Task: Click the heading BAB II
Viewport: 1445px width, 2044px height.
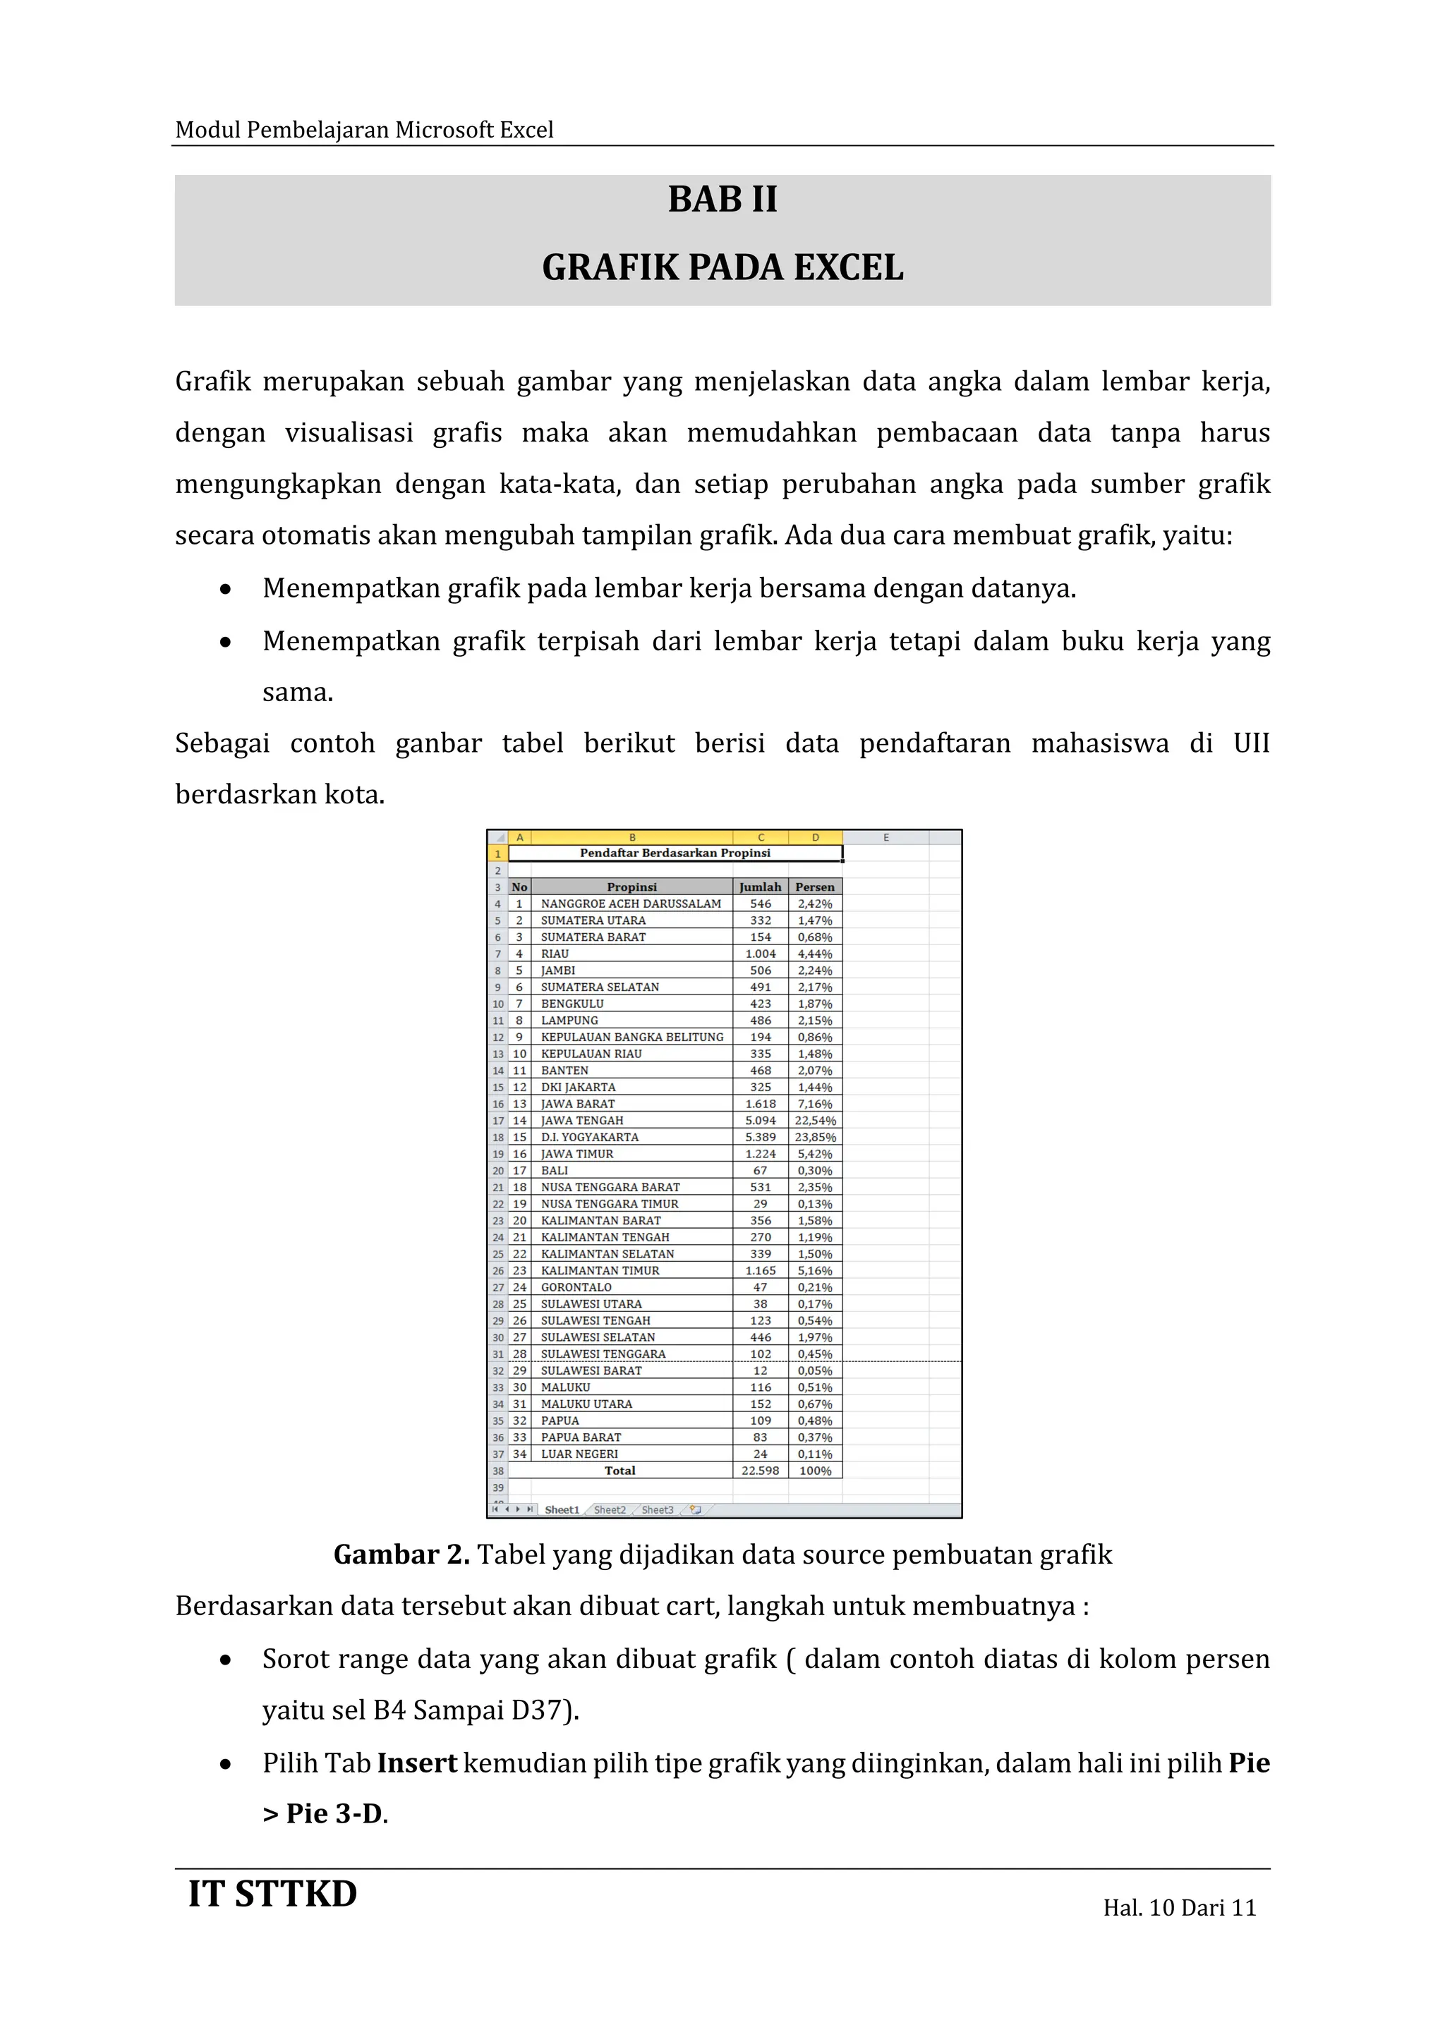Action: click(722, 200)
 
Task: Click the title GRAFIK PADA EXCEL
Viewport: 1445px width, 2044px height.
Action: click(722, 268)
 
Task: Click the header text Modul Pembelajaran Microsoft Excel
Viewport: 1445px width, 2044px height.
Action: click(364, 130)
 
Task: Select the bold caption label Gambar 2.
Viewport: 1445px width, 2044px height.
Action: click(401, 1555)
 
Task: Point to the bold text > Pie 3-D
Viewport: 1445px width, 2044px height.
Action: click(325, 1814)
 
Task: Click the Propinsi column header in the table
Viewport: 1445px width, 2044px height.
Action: click(631, 887)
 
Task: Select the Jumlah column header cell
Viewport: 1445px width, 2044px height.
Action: click(759, 887)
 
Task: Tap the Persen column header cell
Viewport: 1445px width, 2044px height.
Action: click(815, 887)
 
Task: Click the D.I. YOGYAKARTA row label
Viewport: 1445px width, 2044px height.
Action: click(589, 1137)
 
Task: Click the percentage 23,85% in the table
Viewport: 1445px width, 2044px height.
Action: click(815, 1137)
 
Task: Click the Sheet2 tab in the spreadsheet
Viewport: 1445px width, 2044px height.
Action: click(610, 1510)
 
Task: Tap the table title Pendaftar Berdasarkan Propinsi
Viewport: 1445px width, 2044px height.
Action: click(675, 853)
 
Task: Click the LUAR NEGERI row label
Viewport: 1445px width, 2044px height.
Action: click(579, 1454)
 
